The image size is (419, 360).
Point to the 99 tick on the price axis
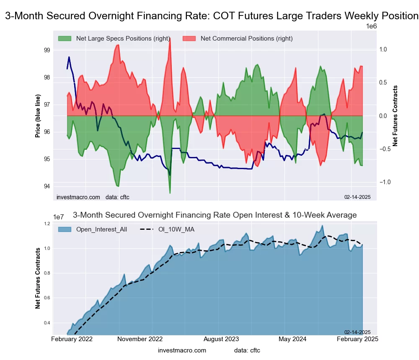click(x=47, y=50)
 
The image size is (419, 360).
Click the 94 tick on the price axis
click(x=47, y=186)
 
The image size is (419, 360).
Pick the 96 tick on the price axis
click(x=47, y=132)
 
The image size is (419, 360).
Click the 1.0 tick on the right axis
click(x=383, y=49)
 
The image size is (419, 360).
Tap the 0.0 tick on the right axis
click(x=383, y=116)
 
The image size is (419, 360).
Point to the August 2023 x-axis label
click(x=226, y=339)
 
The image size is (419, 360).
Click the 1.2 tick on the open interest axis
click(x=47, y=224)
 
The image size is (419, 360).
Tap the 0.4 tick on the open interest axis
click(x=47, y=323)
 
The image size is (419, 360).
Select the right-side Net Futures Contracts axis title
click(x=395, y=116)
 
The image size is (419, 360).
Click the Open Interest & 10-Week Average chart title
click(x=215, y=215)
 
